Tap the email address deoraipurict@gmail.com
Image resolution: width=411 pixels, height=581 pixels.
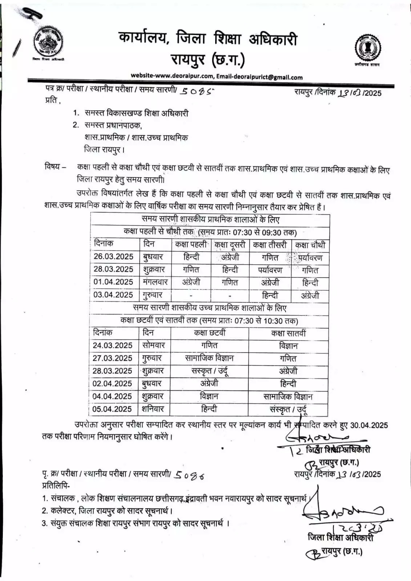[x=259, y=77]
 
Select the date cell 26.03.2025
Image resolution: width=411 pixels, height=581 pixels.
[x=113, y=256]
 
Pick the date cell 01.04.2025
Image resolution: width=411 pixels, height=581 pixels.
[x=113, y=282]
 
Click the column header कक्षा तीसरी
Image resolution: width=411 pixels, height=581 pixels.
[x=270, y=244]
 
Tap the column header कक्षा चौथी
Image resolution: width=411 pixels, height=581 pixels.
[x=310, y=244]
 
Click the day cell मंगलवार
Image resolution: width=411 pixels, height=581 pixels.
[x=155, y=282]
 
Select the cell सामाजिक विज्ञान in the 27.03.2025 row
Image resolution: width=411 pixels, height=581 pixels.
[x=210, y=358]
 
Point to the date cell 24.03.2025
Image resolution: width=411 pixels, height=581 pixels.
[x=113, y=345]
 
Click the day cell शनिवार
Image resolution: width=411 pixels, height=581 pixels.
[x=153, y=409]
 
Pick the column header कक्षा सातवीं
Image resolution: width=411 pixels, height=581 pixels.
[x=289, y=333]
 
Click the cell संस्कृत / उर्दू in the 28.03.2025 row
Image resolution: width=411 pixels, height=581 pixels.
[x=210, y=371]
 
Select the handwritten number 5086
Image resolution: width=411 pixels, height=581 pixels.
[x=189, y=475]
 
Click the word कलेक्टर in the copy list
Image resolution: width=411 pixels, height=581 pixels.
[x=64, y=511]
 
